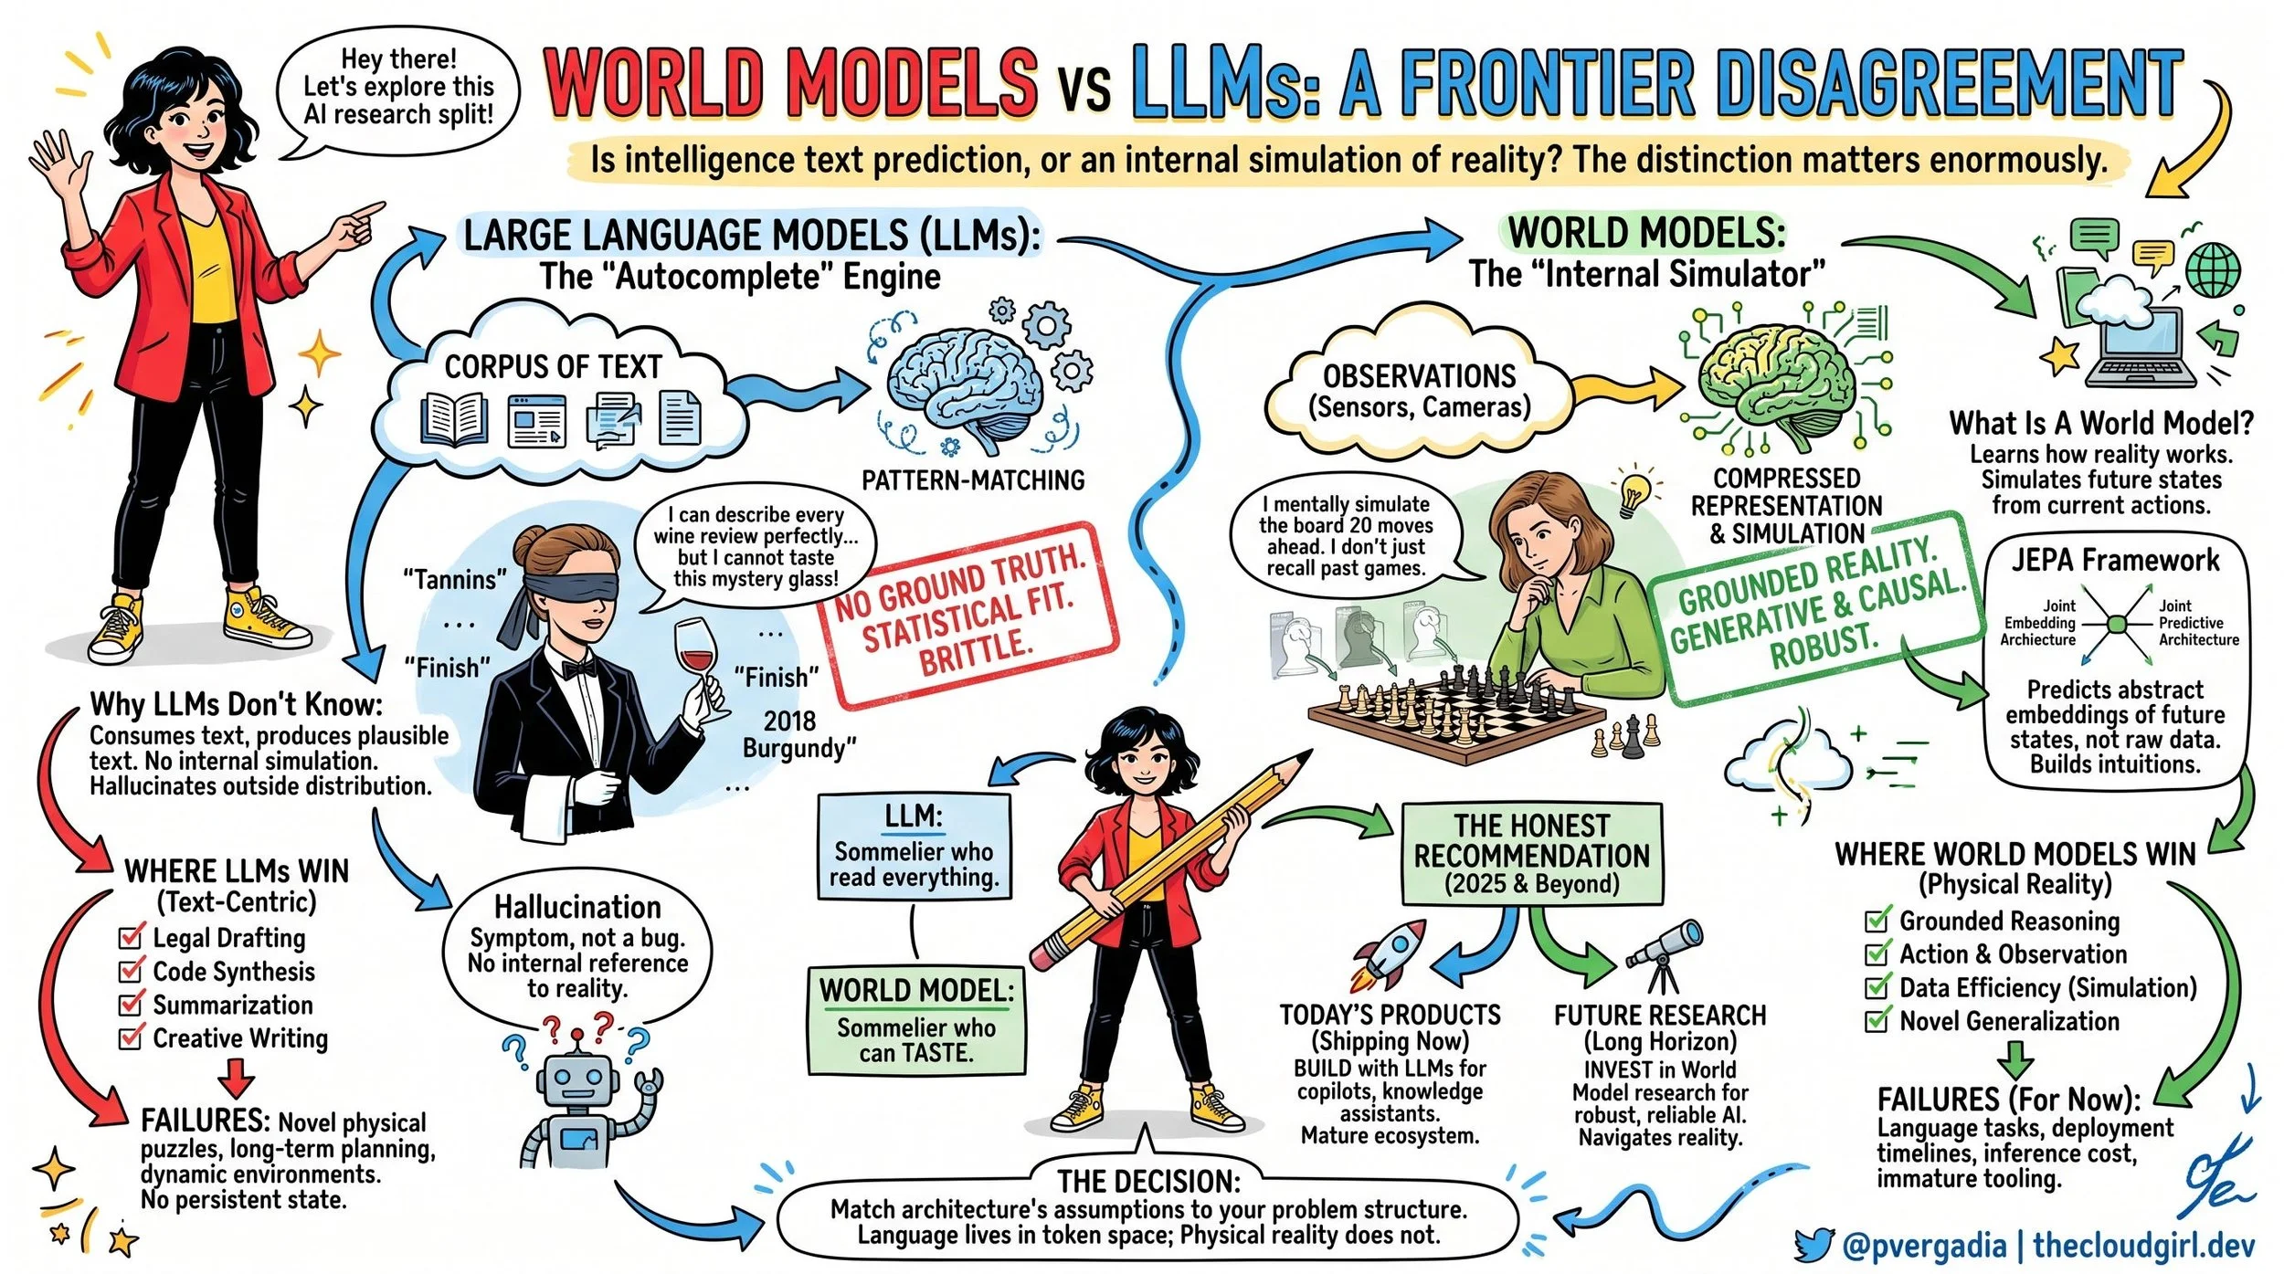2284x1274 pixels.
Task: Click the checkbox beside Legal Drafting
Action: (x=132, y=937)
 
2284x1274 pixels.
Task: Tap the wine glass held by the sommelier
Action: (x=696, y=658)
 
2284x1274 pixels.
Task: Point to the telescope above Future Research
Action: (x=1665, y=954)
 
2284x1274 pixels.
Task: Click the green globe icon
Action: (x=2213, y=271)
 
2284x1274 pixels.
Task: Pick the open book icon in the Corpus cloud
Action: (x=454, y=421)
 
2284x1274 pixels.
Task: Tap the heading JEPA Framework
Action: (x=2115, y=559)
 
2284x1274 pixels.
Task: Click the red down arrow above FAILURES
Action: (x=237, y=1077)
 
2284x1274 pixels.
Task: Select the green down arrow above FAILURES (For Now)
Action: (x=2014, y=1060)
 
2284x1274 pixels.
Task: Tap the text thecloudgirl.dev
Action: (x=2143, y=1245)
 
